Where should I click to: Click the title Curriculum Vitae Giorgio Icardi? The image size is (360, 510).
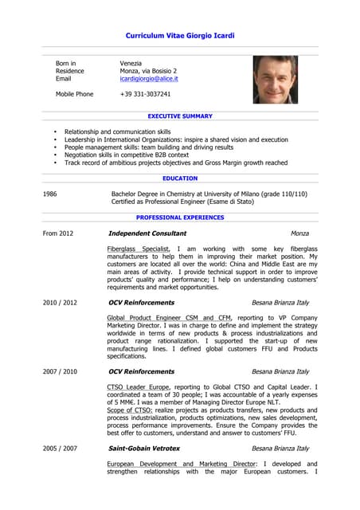tap(180, 36)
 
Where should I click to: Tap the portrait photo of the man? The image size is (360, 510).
tap(276, 80)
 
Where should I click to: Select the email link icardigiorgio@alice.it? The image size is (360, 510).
tap(149, 79)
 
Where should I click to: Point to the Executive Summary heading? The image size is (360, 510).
tap(180, 116)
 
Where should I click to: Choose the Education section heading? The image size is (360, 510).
tap(180, 178)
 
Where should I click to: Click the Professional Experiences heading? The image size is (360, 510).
tap(180, 217)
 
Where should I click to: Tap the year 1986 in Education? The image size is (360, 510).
tap(49, 194)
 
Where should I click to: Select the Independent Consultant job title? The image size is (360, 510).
tap(147, 233)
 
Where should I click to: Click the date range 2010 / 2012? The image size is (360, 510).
tap(60, 303)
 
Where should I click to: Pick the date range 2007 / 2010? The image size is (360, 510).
tap(60, 371)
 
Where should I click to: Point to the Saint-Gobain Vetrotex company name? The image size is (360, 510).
tap(150, 449)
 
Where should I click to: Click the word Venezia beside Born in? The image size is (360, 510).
tap(131, 63)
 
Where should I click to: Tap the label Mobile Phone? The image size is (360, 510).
tap(74, 94)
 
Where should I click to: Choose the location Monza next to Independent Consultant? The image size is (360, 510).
tap(299, 233)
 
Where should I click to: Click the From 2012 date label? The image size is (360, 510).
tap(58, 233)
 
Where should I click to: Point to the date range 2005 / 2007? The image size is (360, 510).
tap(60, 449)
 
